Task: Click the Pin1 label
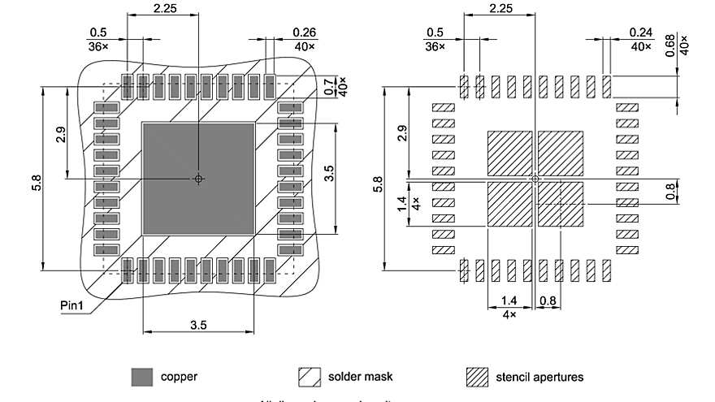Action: pos(75,305)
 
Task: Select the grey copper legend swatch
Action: pos(142,377)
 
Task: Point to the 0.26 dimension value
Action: pos(304,32)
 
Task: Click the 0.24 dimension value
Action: pos(641,32)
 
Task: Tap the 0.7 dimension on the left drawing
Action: pos(330,85)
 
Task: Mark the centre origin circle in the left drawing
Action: pos(198,178)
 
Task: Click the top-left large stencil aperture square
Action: pos(509,153)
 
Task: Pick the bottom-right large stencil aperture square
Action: pos(561,204)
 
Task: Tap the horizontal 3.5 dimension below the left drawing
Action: pos(198,325)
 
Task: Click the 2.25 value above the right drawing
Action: pos(501,7)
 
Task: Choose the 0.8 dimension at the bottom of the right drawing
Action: pos(548,301)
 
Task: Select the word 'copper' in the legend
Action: pos(179,377)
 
